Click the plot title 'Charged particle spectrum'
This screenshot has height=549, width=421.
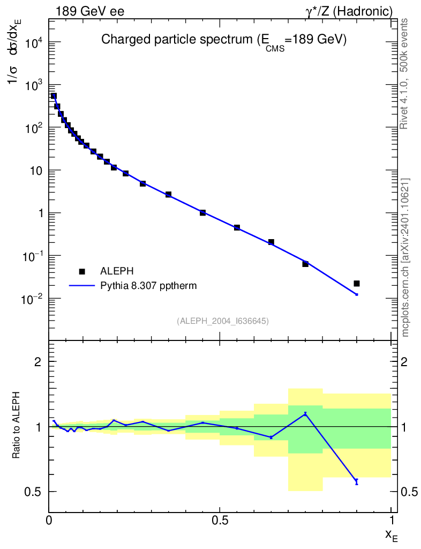(x=224, y=40)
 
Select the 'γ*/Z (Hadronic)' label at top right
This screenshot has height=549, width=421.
(x=350, y=11)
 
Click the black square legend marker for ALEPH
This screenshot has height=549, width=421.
(x=82, y=271)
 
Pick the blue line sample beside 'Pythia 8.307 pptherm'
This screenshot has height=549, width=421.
(x=82, y=286)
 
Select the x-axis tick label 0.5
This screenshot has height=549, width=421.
(x=220, y=520)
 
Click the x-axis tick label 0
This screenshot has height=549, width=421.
(x=49, y=520)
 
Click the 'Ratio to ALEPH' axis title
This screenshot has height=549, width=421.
(x=17, y=426)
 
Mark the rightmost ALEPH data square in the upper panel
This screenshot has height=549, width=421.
(x=357, y=283)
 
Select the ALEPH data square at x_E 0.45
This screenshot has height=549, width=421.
(x=202, y=213)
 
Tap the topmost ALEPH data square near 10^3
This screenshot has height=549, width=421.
(x=54, y=96)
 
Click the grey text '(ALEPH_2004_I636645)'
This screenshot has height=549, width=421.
(x=222, y=321)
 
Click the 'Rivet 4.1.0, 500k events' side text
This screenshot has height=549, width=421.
(x=405, y=73)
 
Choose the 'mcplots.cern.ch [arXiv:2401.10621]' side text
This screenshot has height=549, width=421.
(x=405, y=257)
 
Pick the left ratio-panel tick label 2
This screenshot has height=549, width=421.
(x=38, y=362)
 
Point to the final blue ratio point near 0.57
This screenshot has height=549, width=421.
(x=357, y=481)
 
